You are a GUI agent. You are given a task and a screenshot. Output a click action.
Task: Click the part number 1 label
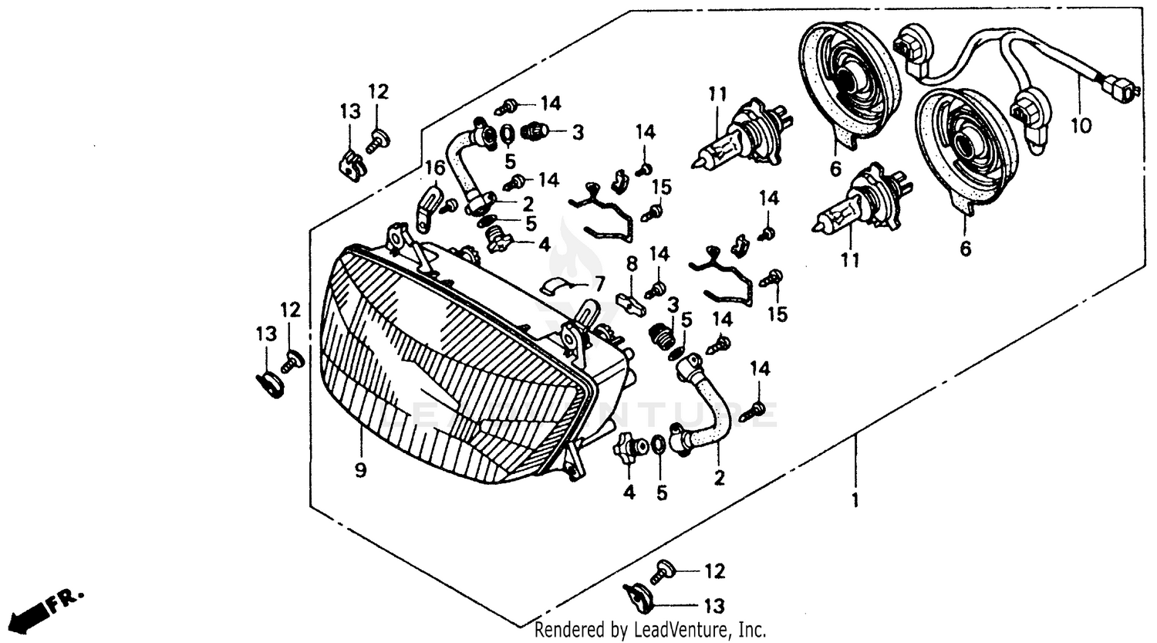(x=854, y=500)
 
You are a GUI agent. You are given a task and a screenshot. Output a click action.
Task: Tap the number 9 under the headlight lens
(x=360, y=470)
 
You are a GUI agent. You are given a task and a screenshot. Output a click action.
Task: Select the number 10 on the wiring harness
(x=1081, y=125)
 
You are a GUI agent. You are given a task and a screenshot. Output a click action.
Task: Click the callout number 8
(x=632, y=266)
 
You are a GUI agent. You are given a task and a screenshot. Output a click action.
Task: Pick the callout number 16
(x=434, y=168)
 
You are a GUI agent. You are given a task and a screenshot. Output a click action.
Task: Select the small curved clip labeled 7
(x=561, y=285)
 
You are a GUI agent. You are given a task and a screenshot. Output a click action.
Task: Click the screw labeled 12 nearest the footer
(x=663, y=573)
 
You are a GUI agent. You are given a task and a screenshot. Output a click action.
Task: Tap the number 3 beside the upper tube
(x=578, y=132)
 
